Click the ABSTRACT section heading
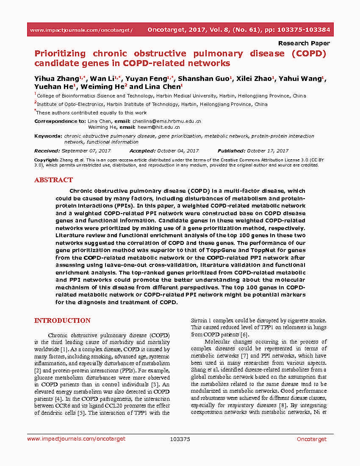click(53, 180)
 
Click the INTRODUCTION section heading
click(62, 321)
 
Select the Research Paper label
click(304, 43)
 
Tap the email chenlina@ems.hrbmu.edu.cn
click(167, 121)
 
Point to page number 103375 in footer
click(180, 439)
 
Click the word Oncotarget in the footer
click(312, 439)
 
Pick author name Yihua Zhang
click(56, 79)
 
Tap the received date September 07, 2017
click(86, 151)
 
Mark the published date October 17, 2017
click(268, 151)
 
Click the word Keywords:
click(48, 136)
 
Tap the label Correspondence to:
click(60, 121)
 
